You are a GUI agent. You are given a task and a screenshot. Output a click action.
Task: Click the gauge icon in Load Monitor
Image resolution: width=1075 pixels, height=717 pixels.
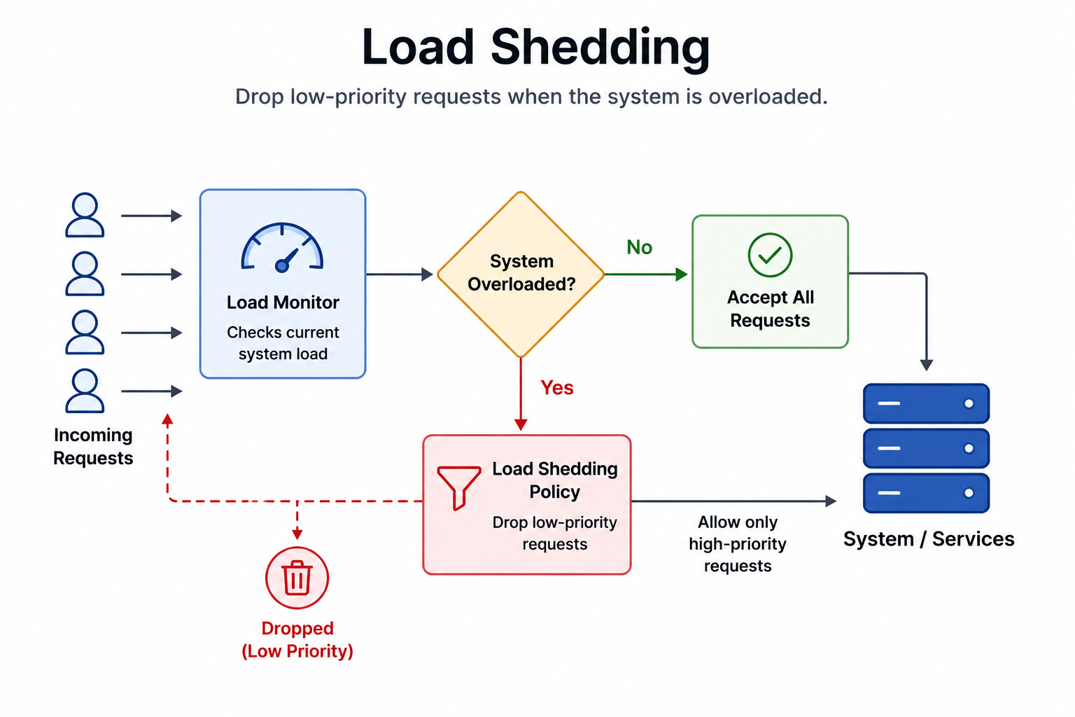coord(282,248)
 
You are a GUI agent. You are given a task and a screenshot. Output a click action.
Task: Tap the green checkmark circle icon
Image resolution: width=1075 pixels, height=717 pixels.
coord(770,255)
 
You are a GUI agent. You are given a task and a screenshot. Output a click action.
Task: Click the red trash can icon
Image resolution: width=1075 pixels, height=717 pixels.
coord(297,578)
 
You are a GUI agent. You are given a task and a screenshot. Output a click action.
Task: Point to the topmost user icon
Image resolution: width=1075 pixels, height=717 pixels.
coord(85,215)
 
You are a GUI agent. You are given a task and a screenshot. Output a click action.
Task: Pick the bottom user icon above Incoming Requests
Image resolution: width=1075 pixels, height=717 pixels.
coord(85,391)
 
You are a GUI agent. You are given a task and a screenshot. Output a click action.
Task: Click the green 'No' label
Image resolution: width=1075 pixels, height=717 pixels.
coord(639,247)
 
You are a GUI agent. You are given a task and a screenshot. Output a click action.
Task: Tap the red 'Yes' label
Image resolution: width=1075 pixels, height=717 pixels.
coord(556,387)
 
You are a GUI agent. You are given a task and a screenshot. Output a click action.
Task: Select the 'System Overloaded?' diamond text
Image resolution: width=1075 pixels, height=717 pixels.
coord(521,273)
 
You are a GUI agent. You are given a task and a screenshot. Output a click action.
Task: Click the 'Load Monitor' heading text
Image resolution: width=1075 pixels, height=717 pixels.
coord(283,302)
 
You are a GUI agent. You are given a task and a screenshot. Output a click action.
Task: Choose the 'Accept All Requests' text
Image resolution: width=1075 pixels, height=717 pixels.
coord(771,309)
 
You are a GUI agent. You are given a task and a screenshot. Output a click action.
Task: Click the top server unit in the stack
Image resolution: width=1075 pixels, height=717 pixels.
coord(926,403)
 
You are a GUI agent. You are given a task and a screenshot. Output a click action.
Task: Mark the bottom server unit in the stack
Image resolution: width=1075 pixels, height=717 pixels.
coord(926,493)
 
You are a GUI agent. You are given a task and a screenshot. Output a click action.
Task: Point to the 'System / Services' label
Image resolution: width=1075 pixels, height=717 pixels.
coord(929,539)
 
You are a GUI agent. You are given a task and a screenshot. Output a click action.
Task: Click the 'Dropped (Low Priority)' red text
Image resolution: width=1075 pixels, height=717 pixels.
coord(297,640)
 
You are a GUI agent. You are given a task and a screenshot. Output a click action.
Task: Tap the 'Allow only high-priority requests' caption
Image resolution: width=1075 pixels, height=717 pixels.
coord(738,543)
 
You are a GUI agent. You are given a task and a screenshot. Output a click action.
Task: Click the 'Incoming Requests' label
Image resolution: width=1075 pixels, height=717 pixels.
coord(93,446)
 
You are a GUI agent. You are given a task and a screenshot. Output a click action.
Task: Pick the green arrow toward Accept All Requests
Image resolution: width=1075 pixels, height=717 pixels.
coord(645,274)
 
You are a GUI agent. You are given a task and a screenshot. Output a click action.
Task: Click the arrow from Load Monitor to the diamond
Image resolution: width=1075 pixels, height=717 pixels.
coord(400,274)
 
